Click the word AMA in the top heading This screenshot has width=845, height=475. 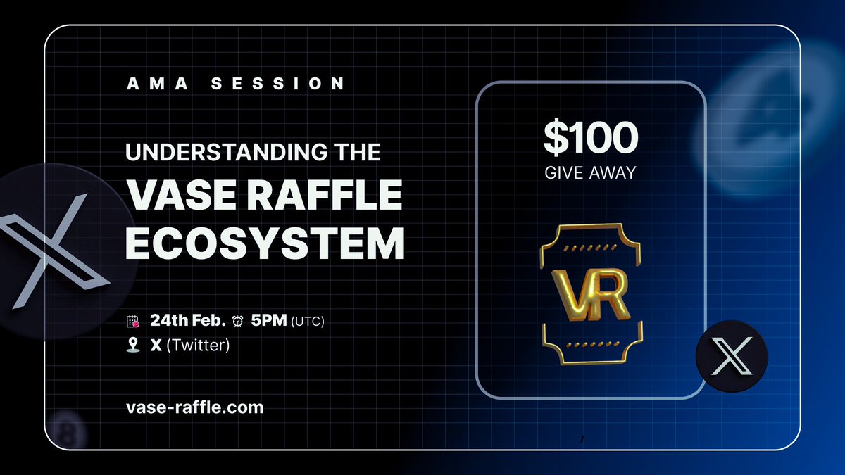tap(151, 84)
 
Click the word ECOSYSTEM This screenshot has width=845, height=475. tap(265, 245)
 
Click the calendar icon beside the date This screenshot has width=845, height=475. tap(132, 322)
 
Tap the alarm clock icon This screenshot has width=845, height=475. tap(238, 322)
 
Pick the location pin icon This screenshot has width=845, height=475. tap(132, 346)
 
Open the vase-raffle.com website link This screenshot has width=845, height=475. tap(194, 407)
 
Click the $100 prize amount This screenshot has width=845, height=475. tap(590, 138)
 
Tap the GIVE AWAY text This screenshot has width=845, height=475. tap(590, 172)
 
